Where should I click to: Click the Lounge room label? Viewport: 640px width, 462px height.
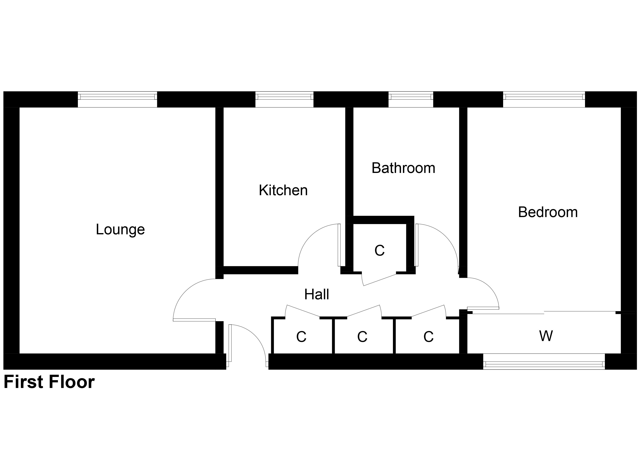(120, 229)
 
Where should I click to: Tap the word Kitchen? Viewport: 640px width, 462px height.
(283, 190)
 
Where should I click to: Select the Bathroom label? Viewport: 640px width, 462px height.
(403, 168)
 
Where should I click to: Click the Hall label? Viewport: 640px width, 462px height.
(317, 294)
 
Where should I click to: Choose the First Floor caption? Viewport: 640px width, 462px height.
(49, 382)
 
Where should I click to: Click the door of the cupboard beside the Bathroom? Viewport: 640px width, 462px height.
(380, 280)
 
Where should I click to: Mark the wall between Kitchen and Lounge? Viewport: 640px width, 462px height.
(220, 186)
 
